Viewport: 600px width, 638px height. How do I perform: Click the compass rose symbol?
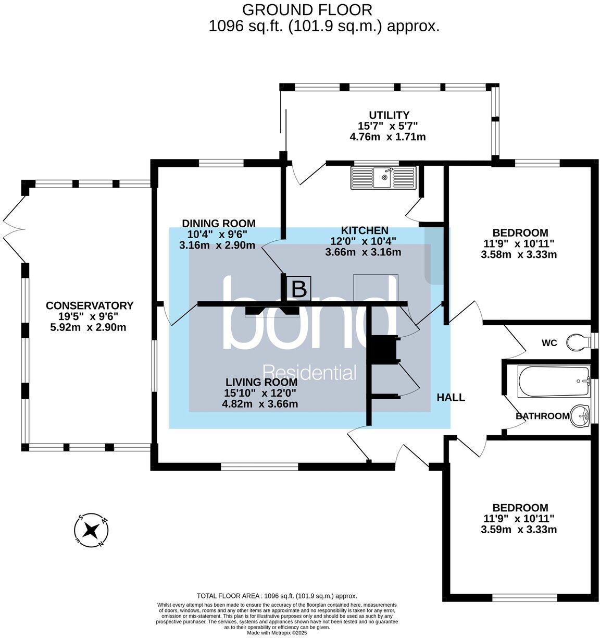(x=92, y=531)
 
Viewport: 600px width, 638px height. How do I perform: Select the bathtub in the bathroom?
(x=554, y=382)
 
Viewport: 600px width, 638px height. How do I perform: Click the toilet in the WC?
(x=577, y=342)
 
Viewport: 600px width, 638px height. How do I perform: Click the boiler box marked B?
(x=298, y=288)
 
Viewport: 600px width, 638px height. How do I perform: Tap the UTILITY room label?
(x=389, y=115)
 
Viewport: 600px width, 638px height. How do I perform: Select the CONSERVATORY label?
(x=90, y=305)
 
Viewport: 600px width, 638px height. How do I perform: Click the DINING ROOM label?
(x=218, y=223)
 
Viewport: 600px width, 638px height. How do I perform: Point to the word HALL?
(x=451, y=397)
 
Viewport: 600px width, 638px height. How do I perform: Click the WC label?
(x=549, y=342)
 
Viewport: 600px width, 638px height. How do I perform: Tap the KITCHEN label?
(x=364, y=230)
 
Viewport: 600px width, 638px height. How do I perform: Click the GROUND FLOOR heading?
(x=307, y=9)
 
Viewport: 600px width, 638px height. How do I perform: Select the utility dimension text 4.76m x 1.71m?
(x=387, y=137)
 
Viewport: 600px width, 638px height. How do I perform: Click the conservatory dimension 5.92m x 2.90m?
(x=89, y=327)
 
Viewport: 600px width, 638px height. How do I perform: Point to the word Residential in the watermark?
(x=310, y=372)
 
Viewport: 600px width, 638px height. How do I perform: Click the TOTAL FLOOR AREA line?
(x=277, y=596)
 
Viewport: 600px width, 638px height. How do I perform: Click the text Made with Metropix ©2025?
(x=277, y=633)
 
